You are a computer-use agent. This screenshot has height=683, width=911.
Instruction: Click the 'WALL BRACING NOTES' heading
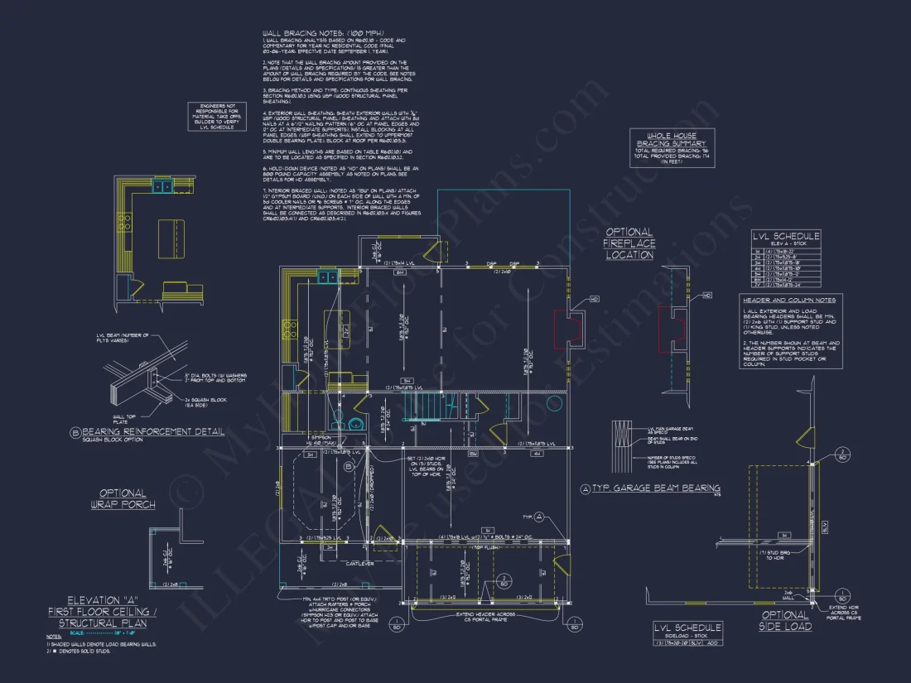point(299,33)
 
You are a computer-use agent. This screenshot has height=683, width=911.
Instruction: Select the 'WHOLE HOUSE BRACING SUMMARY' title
point(672,140)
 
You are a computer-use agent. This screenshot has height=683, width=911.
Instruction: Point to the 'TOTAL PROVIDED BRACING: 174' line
point(672,155)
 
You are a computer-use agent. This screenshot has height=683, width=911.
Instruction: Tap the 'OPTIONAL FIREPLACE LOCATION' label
point(629,243)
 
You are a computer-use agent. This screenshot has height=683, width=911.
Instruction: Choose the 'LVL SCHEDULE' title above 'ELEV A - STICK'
point(786,236)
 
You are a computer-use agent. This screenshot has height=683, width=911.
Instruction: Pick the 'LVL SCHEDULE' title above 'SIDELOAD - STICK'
point(687,628)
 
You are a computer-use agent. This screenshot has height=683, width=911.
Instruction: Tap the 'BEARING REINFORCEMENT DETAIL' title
point(153,431)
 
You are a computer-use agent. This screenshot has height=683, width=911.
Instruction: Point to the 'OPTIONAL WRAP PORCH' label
point(123,498)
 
